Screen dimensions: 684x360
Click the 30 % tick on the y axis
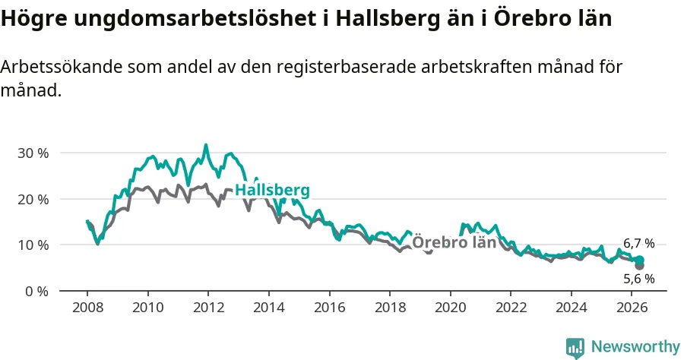coord(33,153)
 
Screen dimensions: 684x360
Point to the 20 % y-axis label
coord(33,200)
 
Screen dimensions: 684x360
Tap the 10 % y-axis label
coord(33,245)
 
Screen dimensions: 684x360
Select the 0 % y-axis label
coord(36,292)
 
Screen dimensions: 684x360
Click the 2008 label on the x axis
coord(87,308)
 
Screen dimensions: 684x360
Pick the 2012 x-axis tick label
coord(208,308)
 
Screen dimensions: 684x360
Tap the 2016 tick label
coord(329,308)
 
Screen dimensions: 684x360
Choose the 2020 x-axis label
coord(451,308)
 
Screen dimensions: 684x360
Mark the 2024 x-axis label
coord(572,308)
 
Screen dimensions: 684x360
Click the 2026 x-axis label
coord(632,308)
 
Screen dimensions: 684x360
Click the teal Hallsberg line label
coord(273,191)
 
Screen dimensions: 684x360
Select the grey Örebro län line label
coord(454,242)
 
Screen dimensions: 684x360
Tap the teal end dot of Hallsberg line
coord(639,261)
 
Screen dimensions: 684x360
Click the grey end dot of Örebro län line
coord(639,265)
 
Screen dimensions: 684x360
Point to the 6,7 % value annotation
coord(639,244)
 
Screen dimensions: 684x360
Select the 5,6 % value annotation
coord(639,279)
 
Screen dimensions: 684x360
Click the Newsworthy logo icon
coord(575,348)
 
